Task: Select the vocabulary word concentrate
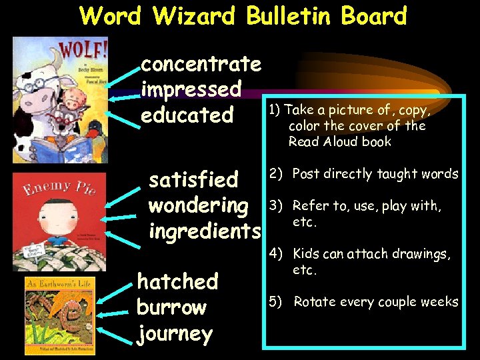(201, 64)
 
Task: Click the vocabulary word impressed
(191, 89)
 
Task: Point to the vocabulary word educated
(187, 115)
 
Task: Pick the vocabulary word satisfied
(193, 179)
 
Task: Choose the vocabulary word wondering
(199, 205)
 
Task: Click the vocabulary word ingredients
(205, 231)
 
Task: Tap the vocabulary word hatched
(177, 282)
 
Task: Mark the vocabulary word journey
(175, 333)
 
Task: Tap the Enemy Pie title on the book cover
(57, 188)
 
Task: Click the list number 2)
(275, 174)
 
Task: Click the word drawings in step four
(424, 254)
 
